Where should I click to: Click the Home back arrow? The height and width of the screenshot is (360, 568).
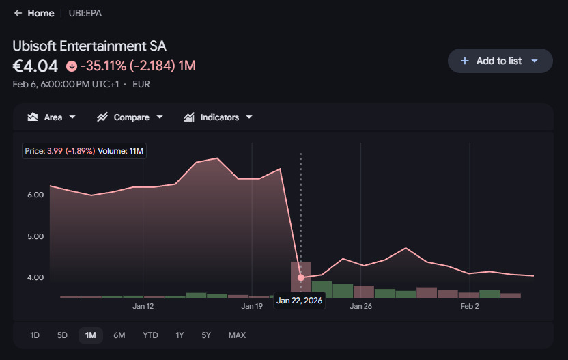tap(18, 14)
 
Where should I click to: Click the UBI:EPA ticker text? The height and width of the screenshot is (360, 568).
tap(85, 14)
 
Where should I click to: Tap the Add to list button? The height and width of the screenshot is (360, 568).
tap(500, 61)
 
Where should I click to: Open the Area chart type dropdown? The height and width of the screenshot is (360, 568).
tap(51, 117)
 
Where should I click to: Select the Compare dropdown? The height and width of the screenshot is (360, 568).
tap(130, 117)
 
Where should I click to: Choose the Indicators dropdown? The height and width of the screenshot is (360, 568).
tap(218, 117)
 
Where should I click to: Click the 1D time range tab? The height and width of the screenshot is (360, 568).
tap(35, 335)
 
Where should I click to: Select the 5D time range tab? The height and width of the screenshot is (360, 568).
tap(62, 335)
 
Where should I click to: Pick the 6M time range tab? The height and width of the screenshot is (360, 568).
tap(119, 335)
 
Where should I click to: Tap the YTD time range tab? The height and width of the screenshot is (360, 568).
tap(150, 335)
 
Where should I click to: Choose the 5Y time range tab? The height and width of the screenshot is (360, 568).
tap(206, 335)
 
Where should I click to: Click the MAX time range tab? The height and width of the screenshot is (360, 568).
tap(237, 335)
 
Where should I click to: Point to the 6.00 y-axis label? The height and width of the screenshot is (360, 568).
tap(35, 195)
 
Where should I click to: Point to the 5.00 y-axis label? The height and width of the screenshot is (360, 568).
tap(35, 236)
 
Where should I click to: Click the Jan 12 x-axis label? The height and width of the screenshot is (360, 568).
tap(143, 306)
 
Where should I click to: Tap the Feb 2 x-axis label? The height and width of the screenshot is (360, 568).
tap(470, 306)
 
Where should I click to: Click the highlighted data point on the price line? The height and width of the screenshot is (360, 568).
tap(300, 278)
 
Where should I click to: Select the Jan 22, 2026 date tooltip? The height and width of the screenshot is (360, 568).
tap(299, 301)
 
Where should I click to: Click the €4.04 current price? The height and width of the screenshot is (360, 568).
tap(35, 66)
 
